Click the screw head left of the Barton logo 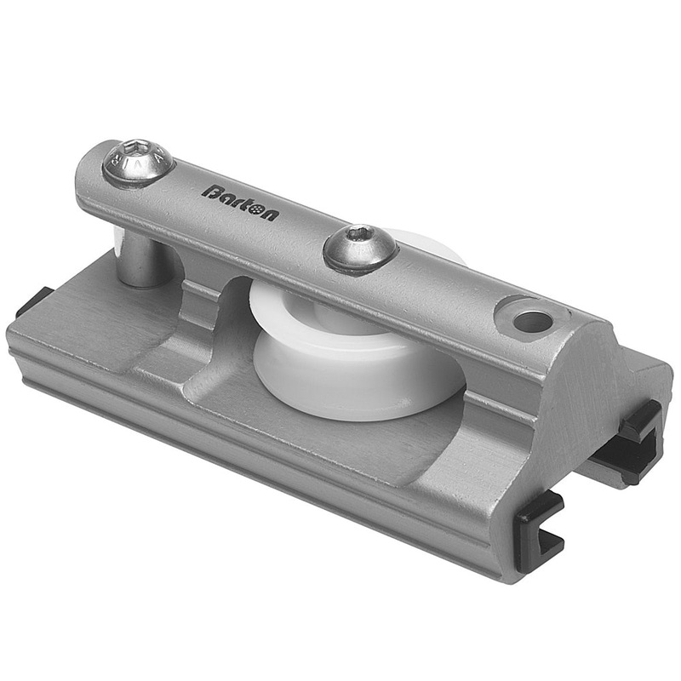(138, 163)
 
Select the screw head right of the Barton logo (360, 248)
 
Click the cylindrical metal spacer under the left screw (145, 260)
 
